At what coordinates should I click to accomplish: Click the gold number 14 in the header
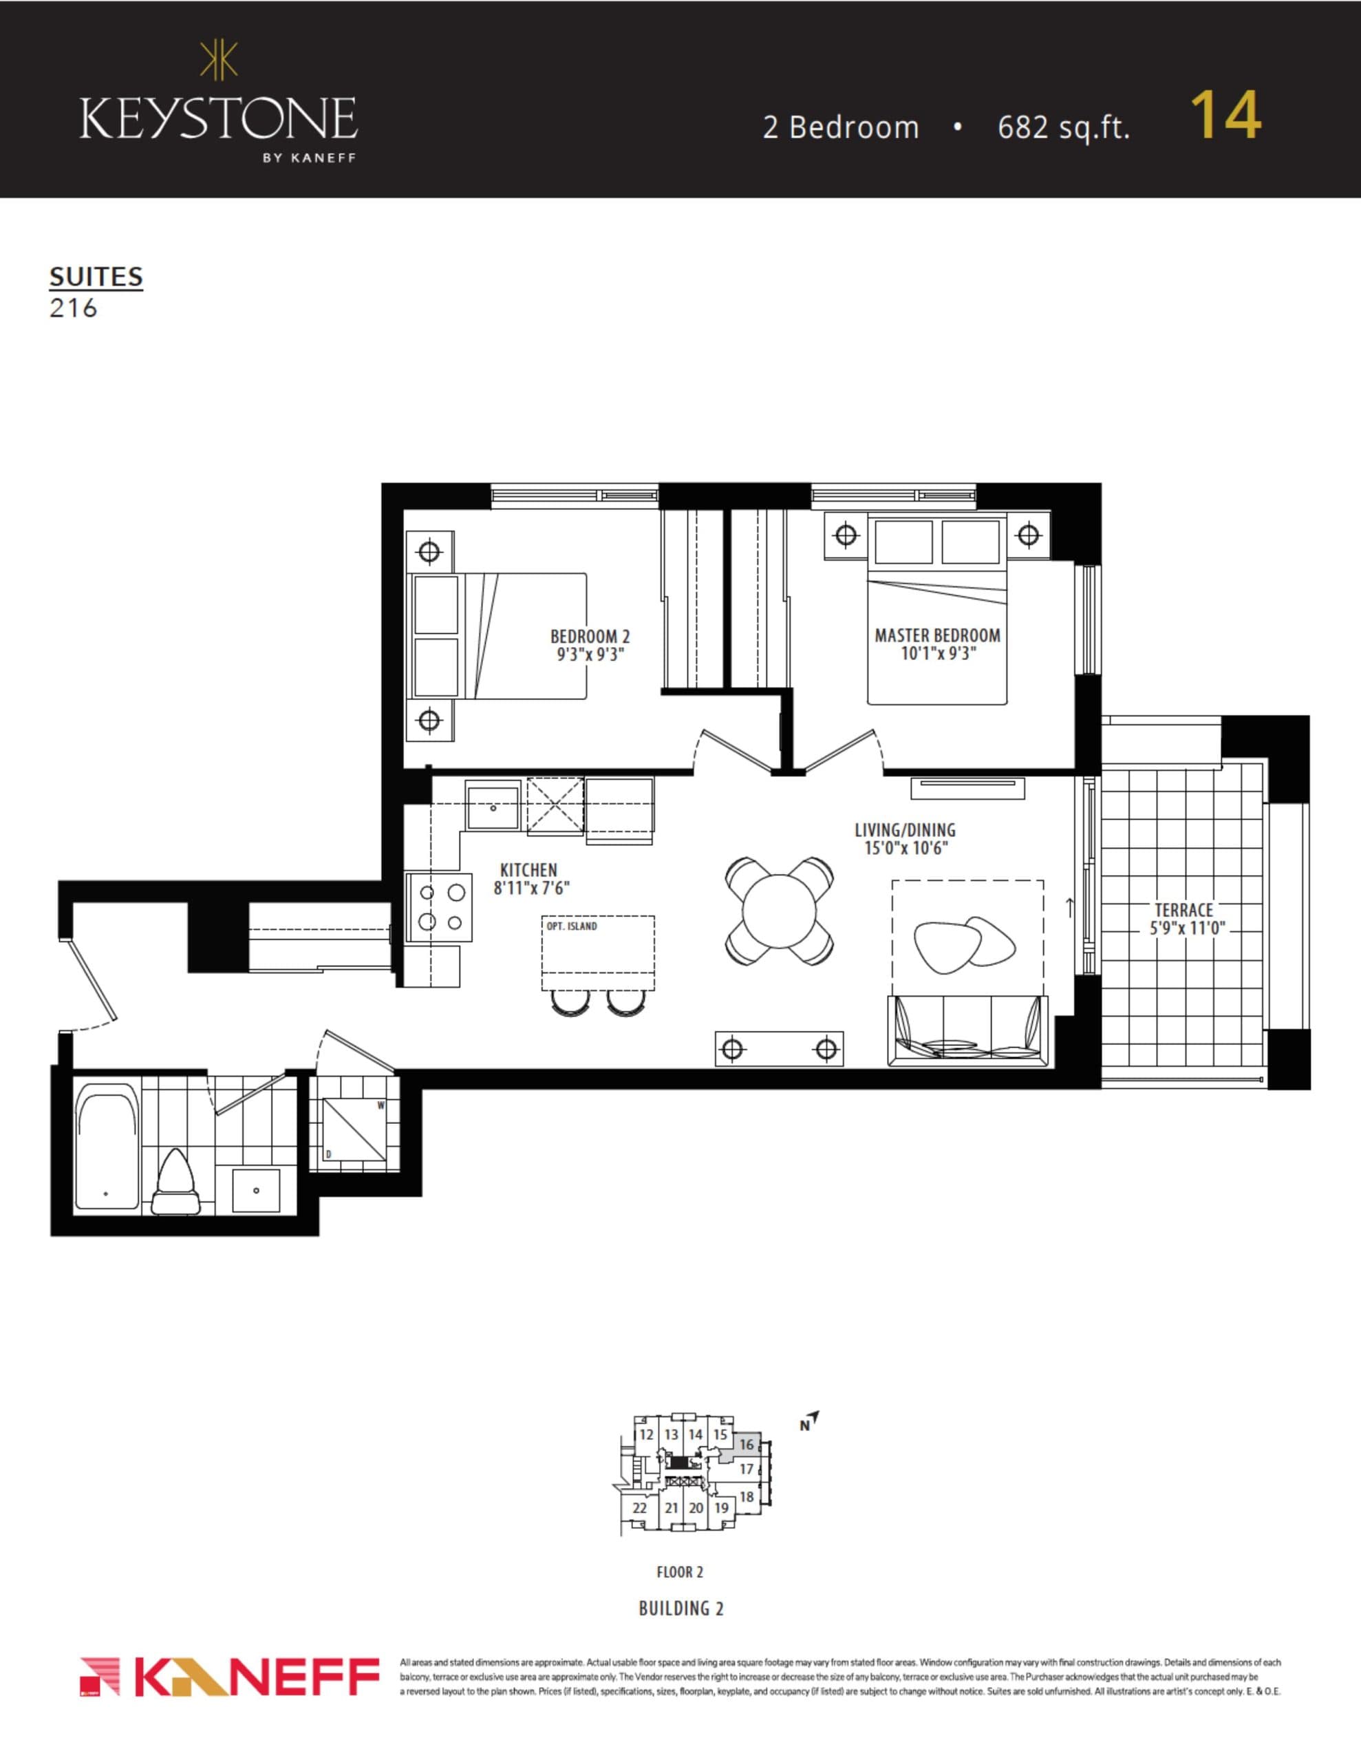tap(1225, 117)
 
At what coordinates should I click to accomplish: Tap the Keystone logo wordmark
tap(219, 118)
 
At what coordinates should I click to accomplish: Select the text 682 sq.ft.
tap(1063, 127)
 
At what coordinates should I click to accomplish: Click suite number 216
tap(74, 308)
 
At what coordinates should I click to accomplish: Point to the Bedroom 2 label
tap(590, 637)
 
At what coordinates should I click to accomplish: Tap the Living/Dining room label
tap(904, 829)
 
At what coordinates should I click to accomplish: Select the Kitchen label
tap(528, 870)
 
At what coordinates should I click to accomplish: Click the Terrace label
tap(1183, 910)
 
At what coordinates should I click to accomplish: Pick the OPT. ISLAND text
tap(571, 926)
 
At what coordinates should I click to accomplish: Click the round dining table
tap(780, 910)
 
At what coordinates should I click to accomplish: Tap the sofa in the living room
tap(967, 1032)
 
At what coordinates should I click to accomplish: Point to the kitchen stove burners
tap(440, 907)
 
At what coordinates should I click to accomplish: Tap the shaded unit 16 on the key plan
tap(747, 1445)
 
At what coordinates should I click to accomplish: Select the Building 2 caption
tap(681, 1609)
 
